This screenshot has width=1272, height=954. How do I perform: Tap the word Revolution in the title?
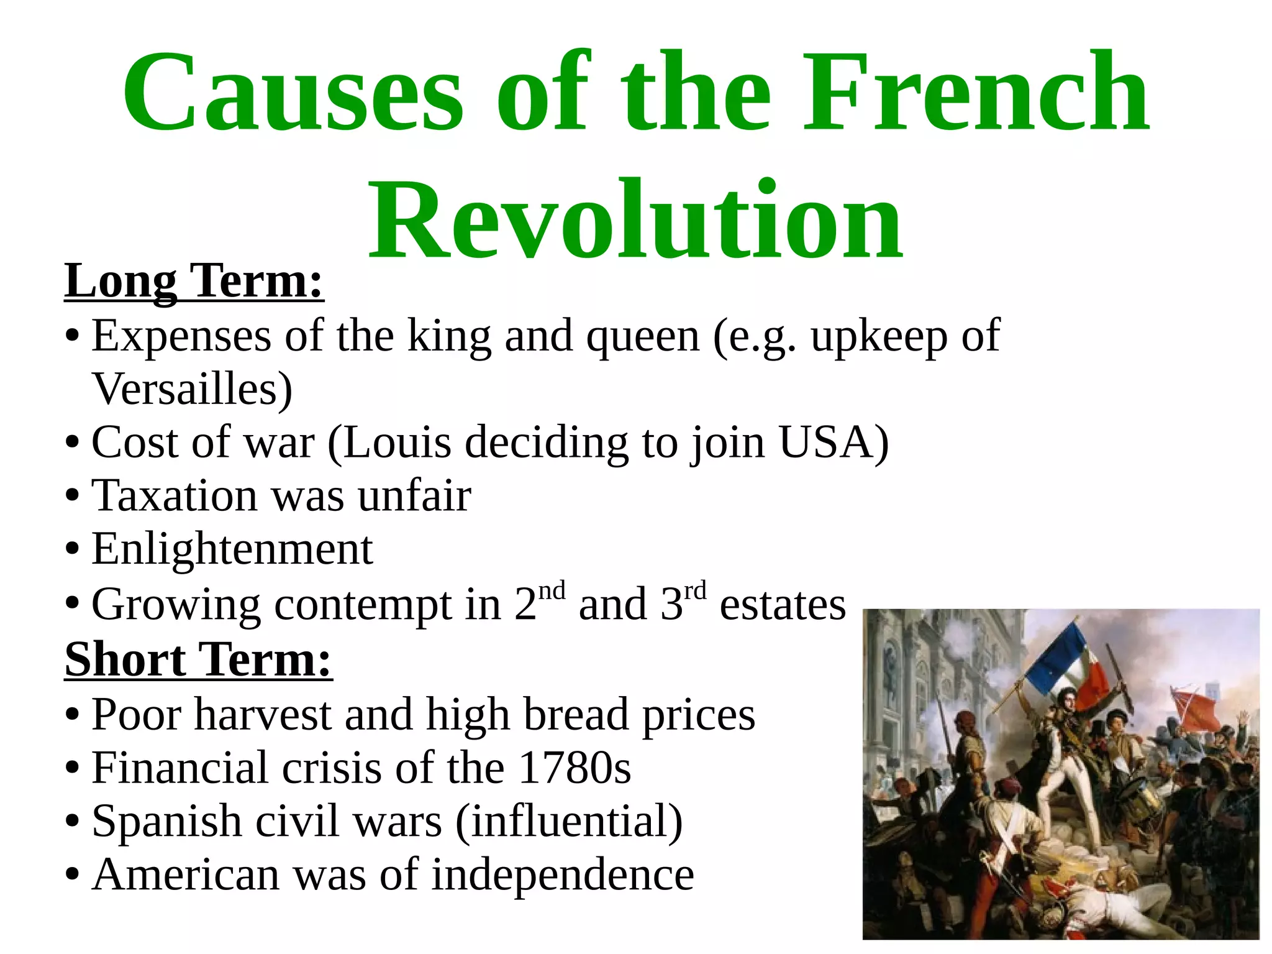pos(635,221)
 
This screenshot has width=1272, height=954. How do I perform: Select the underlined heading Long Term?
pos(194,282)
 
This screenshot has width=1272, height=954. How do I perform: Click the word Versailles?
pos(192,389)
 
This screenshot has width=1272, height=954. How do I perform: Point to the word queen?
pos(643,337)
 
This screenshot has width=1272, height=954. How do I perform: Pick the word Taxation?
pos(174,496)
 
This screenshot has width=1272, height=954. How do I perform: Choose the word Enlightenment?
pos(232,549)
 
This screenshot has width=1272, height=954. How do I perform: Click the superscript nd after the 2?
pos(552,590)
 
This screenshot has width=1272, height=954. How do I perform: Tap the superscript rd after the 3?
pos(695,590)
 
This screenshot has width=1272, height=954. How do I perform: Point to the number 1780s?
pos(575,768)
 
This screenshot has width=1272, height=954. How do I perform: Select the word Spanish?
pos(166,822)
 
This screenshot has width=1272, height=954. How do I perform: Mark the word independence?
pos(563,875)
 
